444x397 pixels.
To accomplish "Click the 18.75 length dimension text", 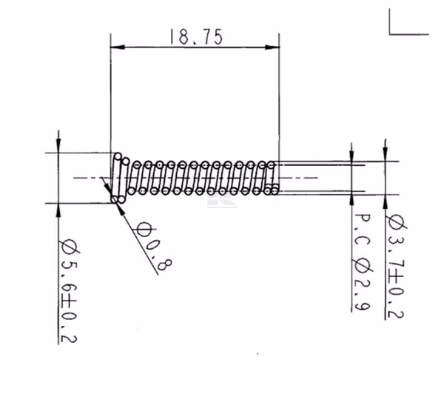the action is [196, 37].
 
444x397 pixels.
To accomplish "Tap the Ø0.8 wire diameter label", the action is [153, 245].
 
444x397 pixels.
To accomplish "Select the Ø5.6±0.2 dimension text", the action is [68, 291].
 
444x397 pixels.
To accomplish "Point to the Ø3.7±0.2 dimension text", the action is [396, 267].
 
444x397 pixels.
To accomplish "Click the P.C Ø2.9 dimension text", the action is [362, 262].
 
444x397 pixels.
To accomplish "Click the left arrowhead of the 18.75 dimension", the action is [118, 47].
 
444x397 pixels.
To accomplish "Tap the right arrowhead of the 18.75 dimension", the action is [272, 47].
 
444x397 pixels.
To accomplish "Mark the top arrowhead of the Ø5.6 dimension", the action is [58, 146].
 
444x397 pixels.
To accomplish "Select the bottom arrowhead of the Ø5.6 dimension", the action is [58, 210].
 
